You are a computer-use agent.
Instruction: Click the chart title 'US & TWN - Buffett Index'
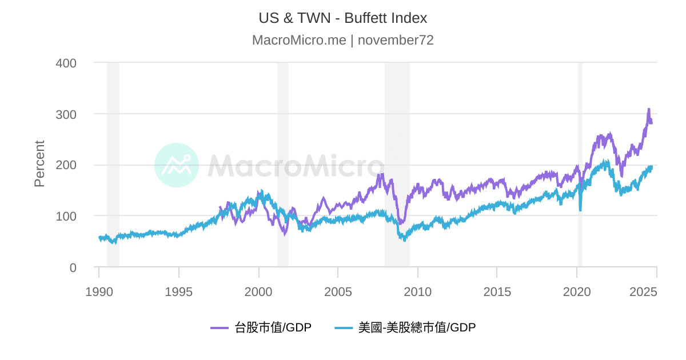coord(342,18)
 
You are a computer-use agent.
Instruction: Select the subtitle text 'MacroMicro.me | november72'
coord(342,40)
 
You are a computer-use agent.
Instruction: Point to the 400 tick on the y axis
coord(66,63)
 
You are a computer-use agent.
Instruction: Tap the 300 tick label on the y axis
coord(66,114)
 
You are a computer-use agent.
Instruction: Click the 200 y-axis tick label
coord(66,165)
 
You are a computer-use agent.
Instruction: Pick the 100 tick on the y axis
coord(66,216)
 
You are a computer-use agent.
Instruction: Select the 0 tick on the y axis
coord(72,267)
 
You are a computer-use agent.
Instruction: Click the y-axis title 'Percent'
coord(39,163)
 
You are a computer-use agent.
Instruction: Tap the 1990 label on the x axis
coord(99,291)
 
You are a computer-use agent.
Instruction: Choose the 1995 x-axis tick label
coord(179,291)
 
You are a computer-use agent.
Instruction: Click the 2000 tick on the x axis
coord(258,291)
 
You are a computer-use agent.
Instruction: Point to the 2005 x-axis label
coord(338,291)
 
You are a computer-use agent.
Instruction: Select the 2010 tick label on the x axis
coord(417,291)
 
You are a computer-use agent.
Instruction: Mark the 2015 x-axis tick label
coord(497,291)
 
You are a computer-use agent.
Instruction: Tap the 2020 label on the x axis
coord(576,291)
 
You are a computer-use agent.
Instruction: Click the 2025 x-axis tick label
coord(644,291)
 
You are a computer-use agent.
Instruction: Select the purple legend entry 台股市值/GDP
coord(261,327)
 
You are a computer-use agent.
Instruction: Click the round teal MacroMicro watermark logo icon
coord(177,165)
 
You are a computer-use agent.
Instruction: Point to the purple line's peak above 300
coord(648,109)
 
